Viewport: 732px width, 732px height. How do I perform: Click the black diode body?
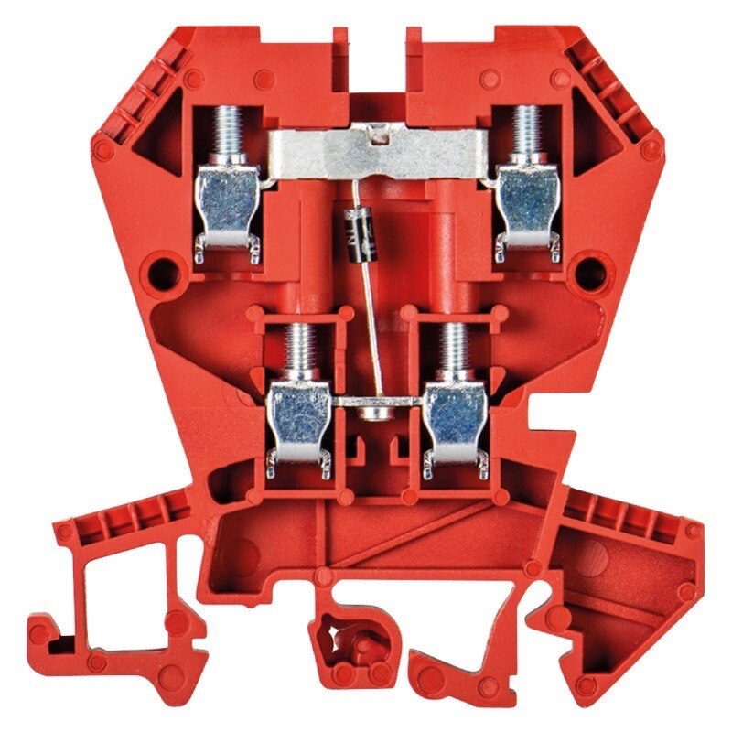click(357, 222)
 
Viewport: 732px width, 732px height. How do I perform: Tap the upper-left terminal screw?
click(227, 130)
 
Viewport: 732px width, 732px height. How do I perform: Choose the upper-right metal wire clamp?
click(526, 203)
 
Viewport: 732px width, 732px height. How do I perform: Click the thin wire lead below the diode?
click(373, 329)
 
